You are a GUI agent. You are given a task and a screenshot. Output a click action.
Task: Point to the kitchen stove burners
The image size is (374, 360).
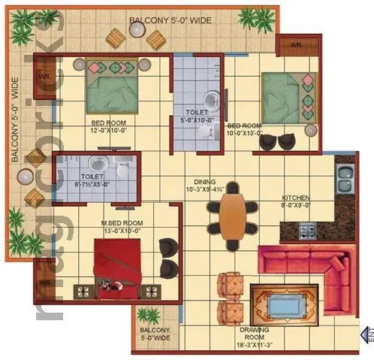click(307, 229)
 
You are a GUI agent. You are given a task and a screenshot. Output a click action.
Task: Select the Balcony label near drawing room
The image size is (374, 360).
click(156, 334)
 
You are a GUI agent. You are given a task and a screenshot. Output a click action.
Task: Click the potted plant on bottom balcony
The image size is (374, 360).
click(149, 316)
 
